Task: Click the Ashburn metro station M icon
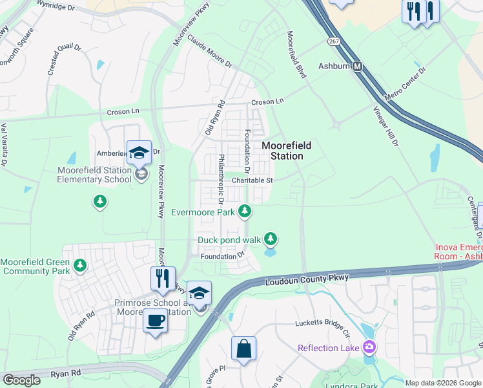(356, 66)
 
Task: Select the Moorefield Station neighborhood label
(282, 151)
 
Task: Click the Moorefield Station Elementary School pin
(139, 154)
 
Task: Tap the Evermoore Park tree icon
(245, 211)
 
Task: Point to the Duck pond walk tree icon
(271, 240)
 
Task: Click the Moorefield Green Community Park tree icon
(79, 265)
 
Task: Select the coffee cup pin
(155, 320)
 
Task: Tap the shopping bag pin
(243, 349)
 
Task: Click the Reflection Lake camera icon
(369, 348)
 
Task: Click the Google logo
(21, 380)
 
